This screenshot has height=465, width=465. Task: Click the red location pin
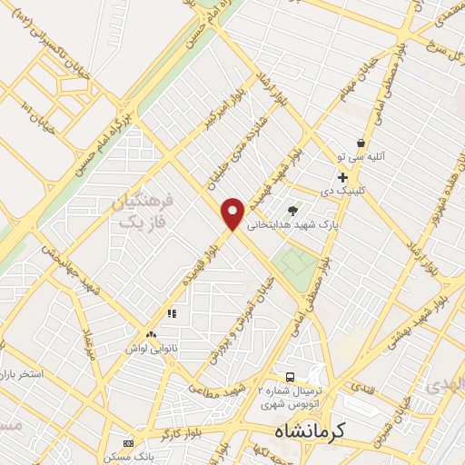coord(233,213)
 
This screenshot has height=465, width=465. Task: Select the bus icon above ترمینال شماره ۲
coord(290,376)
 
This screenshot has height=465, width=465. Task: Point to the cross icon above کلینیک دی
coord(342,176)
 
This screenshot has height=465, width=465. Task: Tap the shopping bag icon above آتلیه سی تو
coord(361,143)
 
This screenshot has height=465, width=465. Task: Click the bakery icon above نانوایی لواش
coord(151,334)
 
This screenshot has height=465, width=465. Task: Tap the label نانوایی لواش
coord(147,348)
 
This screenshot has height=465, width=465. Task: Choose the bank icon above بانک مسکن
coord(128,443)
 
